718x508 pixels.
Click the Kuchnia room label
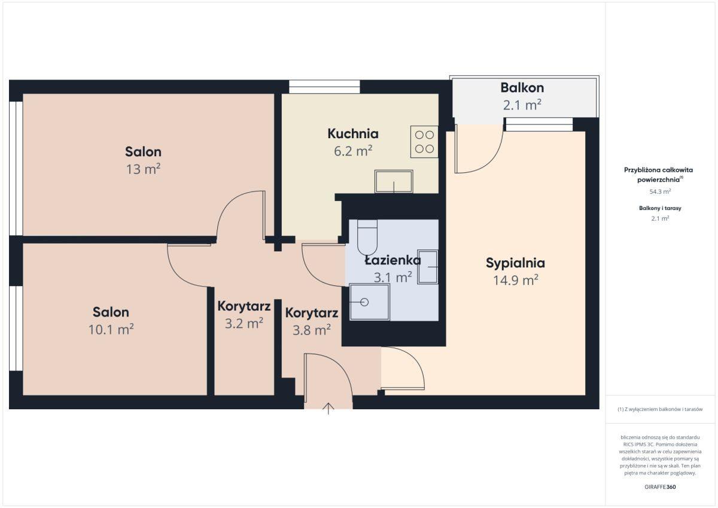click(353, 133)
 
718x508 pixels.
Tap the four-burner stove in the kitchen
click(424, 142)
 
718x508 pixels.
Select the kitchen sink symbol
click(394, 182)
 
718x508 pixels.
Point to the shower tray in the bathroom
click(370, 302)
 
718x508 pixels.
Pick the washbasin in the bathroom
click(428, 267)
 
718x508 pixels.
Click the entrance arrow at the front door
click(328, 408)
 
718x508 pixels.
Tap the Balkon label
click(522, 87)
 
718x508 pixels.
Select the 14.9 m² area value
click(515, 280)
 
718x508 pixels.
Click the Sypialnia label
click(515, 263)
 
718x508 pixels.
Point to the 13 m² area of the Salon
click(143, 169)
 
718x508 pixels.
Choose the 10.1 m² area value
click(111, 329)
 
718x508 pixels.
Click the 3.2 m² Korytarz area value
click(244, 323)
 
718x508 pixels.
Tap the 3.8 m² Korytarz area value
click(312, 330)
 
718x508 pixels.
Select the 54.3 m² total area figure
click(660, 191)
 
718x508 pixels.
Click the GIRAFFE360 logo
click(660, 487)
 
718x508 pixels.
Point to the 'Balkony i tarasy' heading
click(660, 208)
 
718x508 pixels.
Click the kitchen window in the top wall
click(324, 87)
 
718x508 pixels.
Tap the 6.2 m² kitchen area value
click(353, 151)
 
